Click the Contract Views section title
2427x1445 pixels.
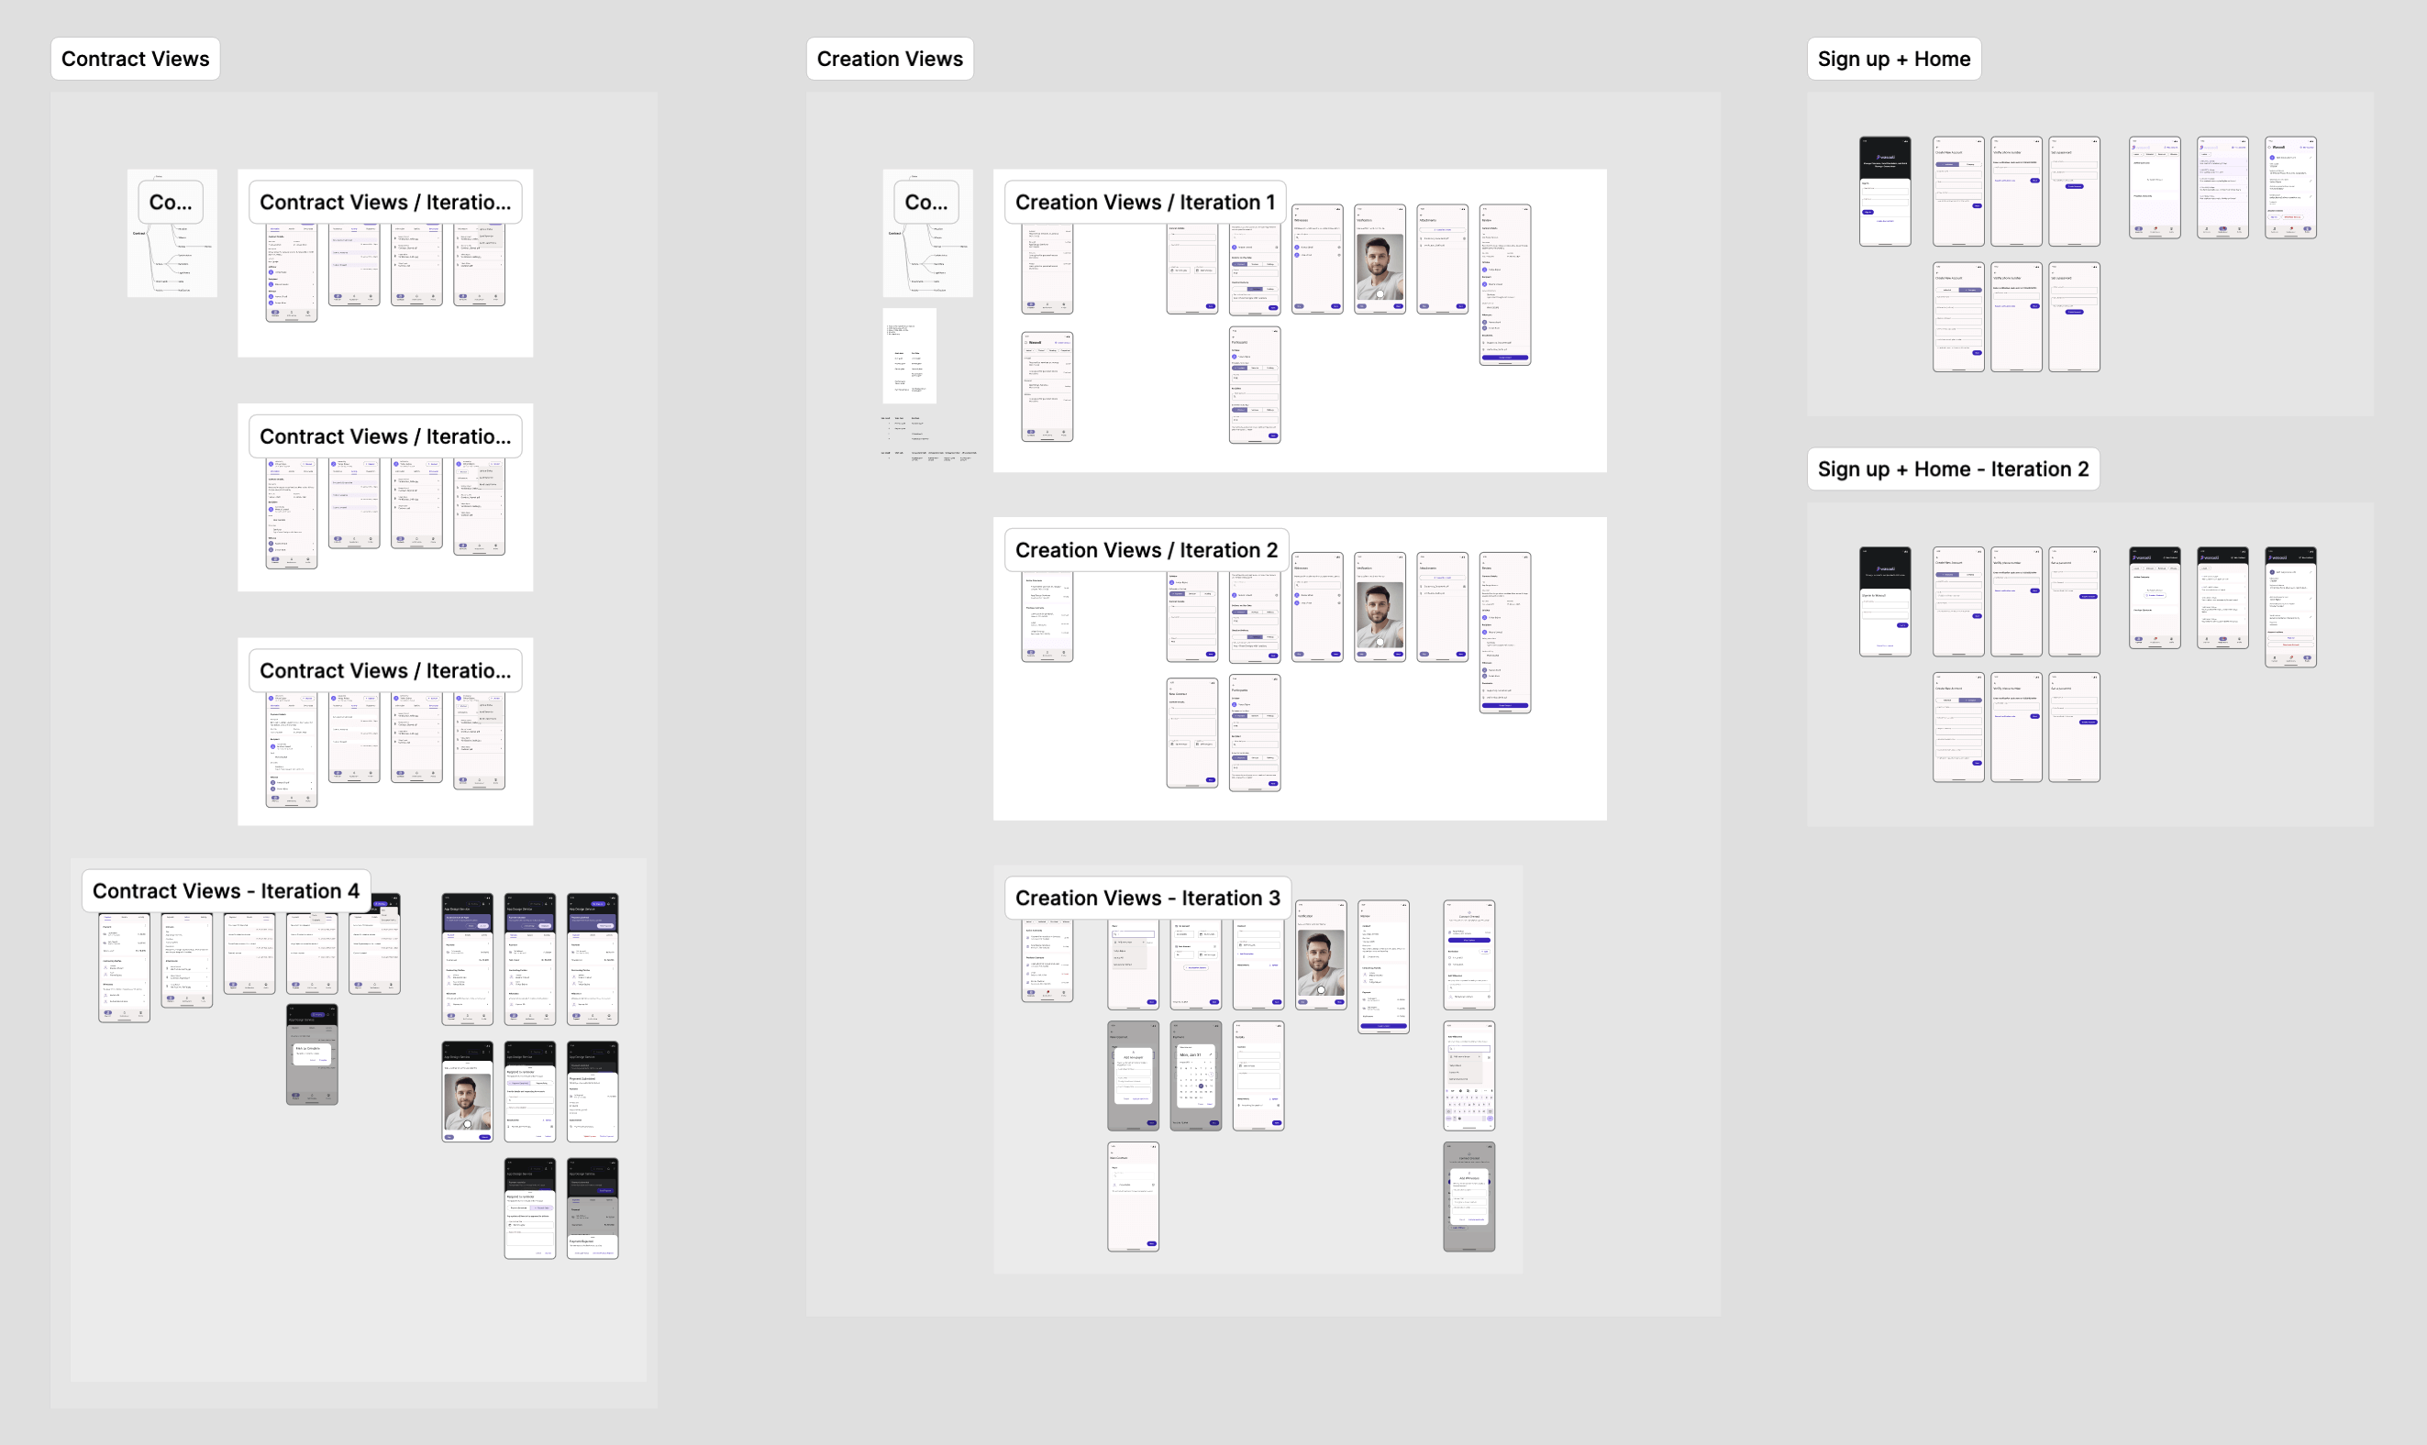(x=136, y=59)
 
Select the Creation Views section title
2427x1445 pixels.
(x=889, y=59)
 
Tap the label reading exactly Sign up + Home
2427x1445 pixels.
(x=1893, y=59)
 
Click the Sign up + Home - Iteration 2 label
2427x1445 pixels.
(x=1953, y=469)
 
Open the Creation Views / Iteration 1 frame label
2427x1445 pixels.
(x=1145, y=203)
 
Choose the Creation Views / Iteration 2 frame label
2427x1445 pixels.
(x=1147, y=550)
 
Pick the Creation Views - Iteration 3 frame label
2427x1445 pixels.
(x=1147, y=898)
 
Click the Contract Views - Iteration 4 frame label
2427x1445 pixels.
(x=226, y=891)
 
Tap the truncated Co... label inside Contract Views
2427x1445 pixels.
(x=171, y=203)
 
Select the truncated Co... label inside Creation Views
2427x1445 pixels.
(x=926, y=203)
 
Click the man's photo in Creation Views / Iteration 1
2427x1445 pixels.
(x=1380, y=266)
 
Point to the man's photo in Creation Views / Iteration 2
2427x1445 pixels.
(x=1380, y=614)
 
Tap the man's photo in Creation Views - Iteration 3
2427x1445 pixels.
(x=1321, y=962)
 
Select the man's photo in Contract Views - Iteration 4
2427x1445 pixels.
(x=468, y=1100)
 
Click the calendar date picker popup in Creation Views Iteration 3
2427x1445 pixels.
(x=1196, y=1077)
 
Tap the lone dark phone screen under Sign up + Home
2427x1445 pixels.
(x=1885, y=191)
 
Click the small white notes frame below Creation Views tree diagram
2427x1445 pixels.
(x=910, y=356)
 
